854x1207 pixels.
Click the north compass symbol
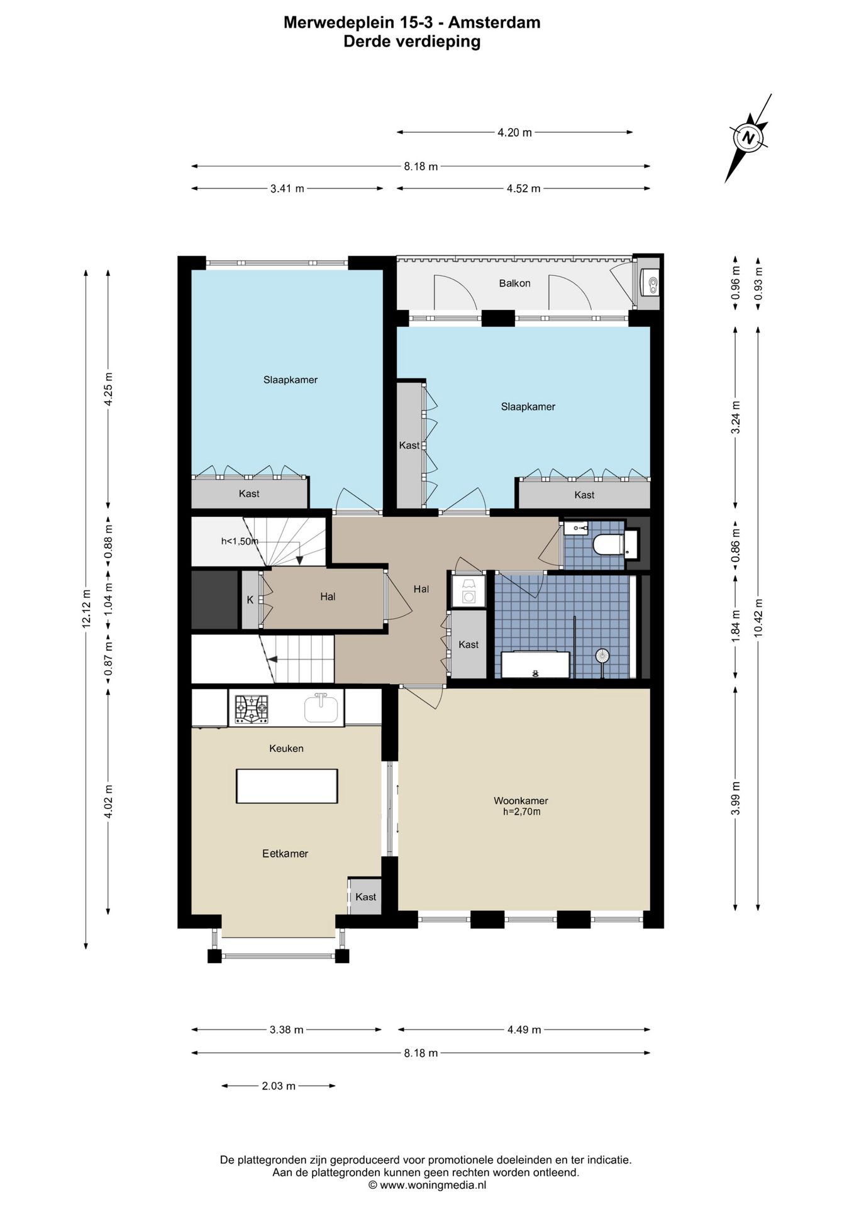point(748,138)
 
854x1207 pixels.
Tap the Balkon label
point(514,284)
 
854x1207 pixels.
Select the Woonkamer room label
point(521,801)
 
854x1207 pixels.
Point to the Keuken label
point(286,748)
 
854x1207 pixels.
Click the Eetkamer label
point(285,854)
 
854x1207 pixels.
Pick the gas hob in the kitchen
point(251,709)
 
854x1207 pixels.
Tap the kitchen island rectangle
point(287,786)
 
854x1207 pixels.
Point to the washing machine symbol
point(469,591)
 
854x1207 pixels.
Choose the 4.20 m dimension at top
point(514,133)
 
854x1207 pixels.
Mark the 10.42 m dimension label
point(758,617)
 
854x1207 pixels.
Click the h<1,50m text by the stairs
point(240,541)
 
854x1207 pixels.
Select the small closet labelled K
point(250,600)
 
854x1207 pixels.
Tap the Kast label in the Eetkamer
point(365,896)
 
